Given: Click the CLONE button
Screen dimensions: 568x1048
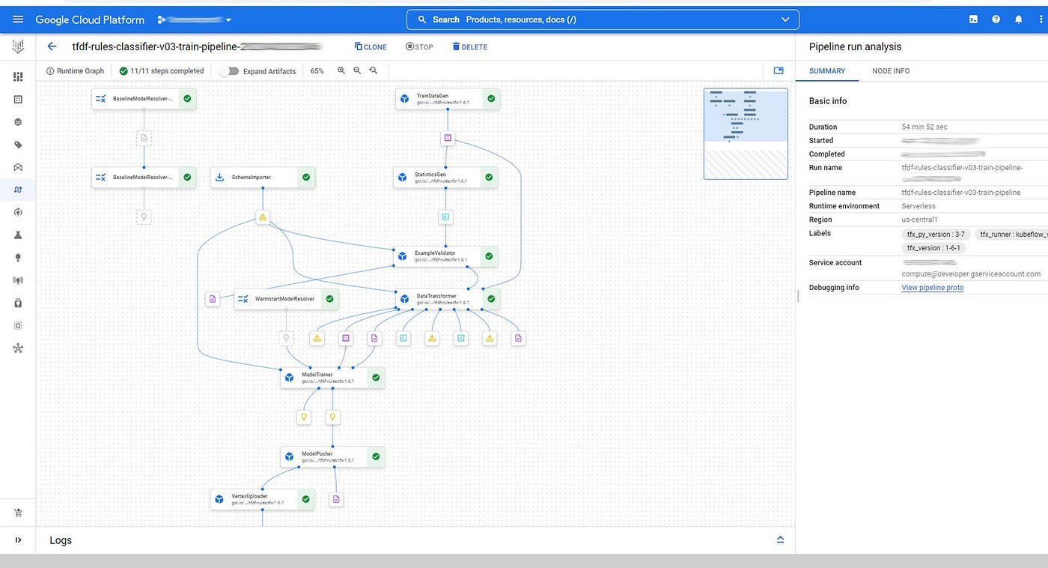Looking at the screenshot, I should tap(371, 47).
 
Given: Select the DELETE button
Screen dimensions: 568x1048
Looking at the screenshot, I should tap(469, 47).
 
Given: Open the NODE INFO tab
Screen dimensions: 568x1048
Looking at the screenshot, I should tap(891, 71).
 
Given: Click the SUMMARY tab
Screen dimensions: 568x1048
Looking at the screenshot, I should tap(827, 71).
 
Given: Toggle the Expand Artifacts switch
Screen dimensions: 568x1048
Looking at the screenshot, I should tap(229, 71).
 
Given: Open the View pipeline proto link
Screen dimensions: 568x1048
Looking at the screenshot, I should tap(932, 288).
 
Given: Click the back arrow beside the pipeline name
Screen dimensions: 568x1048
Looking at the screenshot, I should tap(52, 46).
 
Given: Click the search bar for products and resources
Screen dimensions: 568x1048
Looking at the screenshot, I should tap(603, 19).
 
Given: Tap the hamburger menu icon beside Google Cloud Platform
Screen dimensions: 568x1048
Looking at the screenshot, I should tap(18, 19).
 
